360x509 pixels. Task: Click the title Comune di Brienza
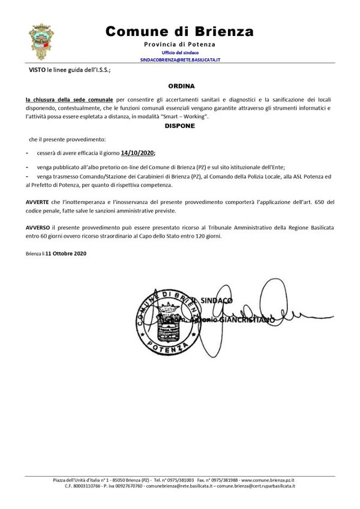point(179,32)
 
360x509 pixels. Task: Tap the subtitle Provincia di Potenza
point(179,45)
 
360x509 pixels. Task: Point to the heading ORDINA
point(180,86)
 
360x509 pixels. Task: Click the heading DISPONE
point(179,126)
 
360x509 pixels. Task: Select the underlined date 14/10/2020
point(138,154)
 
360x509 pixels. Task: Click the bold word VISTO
point(37,70)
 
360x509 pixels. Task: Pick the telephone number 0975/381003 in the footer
point(177,480)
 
